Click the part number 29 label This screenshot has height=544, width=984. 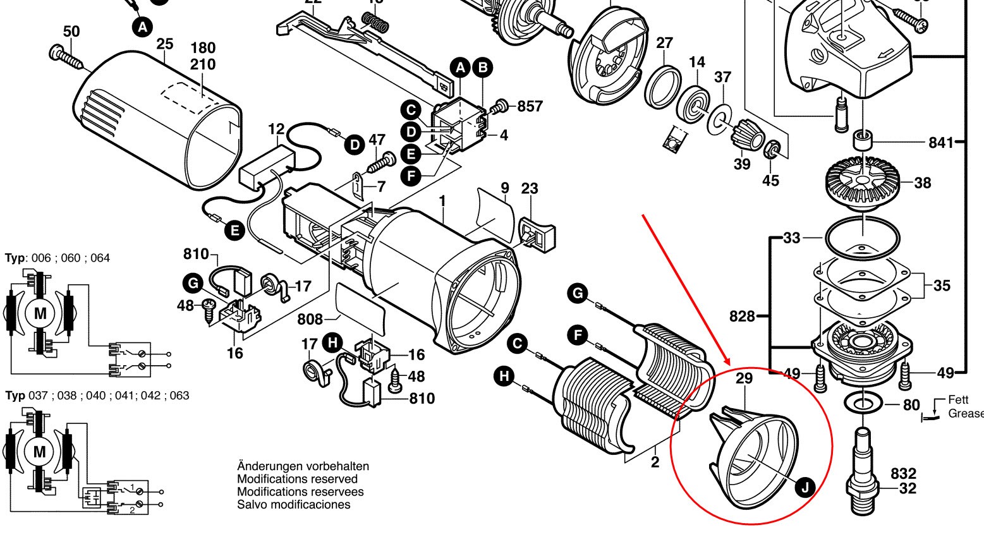[744, 379]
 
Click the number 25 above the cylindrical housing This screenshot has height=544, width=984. [165, 45]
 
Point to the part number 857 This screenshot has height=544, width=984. [530, 106]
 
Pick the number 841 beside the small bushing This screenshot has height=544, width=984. [941, 143]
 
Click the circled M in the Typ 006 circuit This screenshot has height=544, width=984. [40, 313]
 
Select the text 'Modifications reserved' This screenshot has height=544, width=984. [297, 479]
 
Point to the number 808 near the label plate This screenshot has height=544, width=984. [310, 320]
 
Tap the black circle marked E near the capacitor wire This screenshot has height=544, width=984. [234, 231]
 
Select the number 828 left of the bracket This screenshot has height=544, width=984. [742, 315]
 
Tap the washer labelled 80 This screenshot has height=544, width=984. [863, 402]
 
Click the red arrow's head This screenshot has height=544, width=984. [731, 364]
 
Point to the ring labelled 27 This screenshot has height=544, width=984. [663, 85]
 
